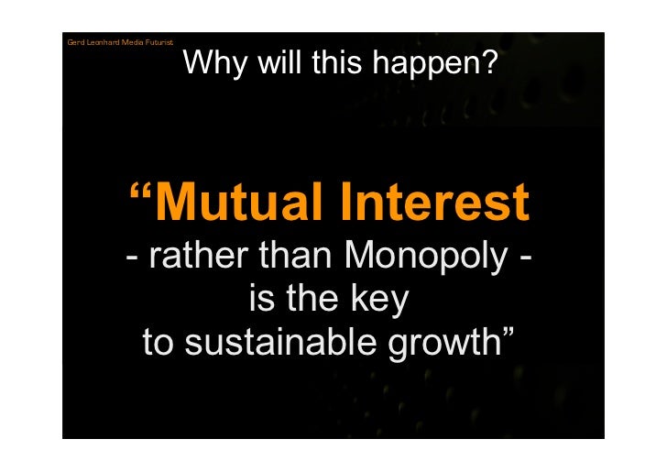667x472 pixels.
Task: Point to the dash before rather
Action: (134, 260)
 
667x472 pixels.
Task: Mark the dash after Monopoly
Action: (523, 260)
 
